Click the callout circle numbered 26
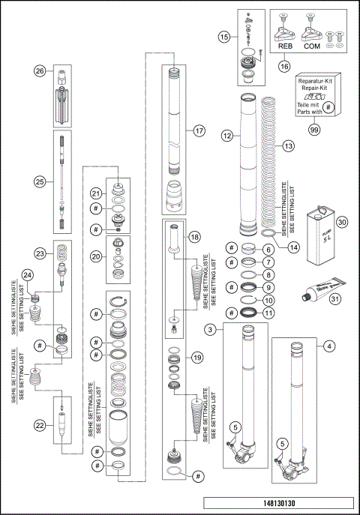click(40, 71)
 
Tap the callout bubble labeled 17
click(199, 130)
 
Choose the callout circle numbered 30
click(342, 222)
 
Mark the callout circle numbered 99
click(316, 130)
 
